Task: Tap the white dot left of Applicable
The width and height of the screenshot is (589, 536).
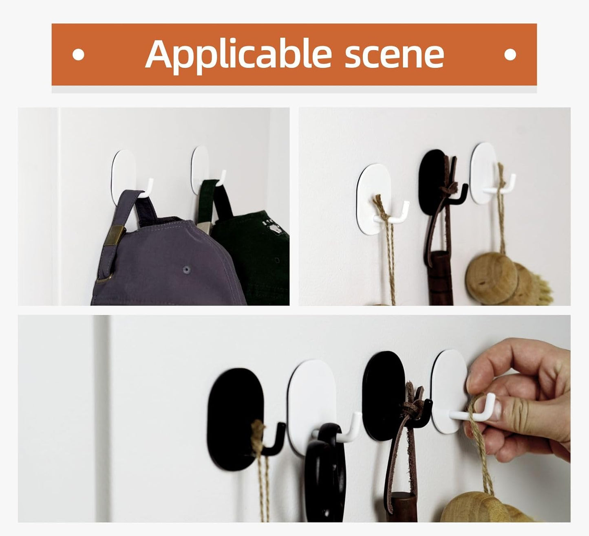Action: [x=78, y=54]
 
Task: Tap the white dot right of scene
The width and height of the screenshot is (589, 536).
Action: [x=510, y=54]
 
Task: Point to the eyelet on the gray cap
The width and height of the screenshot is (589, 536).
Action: [x=187, y=269]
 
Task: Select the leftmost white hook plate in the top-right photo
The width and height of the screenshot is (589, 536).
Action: [x=375, y=191]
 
